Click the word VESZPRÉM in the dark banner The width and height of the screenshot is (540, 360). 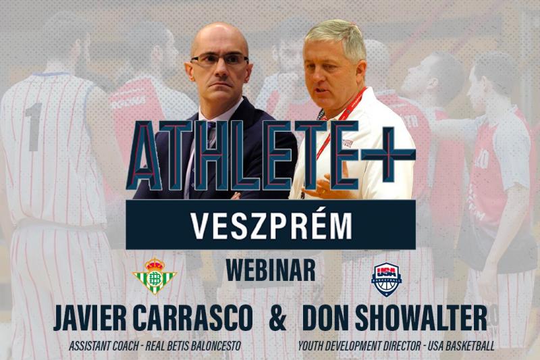click(271, 226)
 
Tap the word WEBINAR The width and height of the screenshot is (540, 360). click(271, 271)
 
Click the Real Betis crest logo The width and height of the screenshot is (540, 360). click(155, 276)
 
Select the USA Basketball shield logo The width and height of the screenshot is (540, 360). click(386, 280)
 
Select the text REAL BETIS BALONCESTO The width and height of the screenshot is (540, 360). click(193, 346)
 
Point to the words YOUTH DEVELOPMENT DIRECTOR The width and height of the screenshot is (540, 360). click(360, 346)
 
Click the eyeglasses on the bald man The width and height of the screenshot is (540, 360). click(219, 59)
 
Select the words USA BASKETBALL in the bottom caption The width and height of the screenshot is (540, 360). click(461, 346)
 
